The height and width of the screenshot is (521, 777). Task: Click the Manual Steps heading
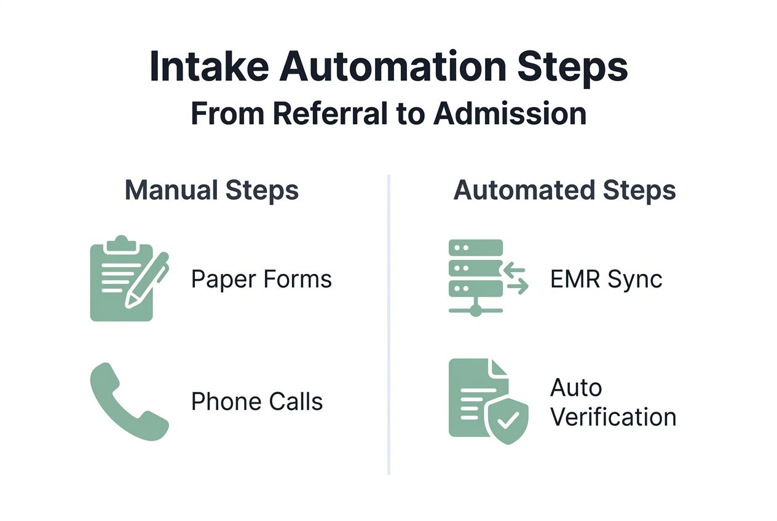(211, 190)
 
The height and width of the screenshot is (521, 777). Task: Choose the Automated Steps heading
(564, 190)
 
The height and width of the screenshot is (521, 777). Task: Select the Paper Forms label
(261, 280)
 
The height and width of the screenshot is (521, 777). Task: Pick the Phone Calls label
(257, 402)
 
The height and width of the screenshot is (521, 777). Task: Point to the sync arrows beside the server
(516, 278)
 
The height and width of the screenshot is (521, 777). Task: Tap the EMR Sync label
(606, 280)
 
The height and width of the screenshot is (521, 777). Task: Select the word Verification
(613, 417)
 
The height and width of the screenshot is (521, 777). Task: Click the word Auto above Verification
(576, 388)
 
